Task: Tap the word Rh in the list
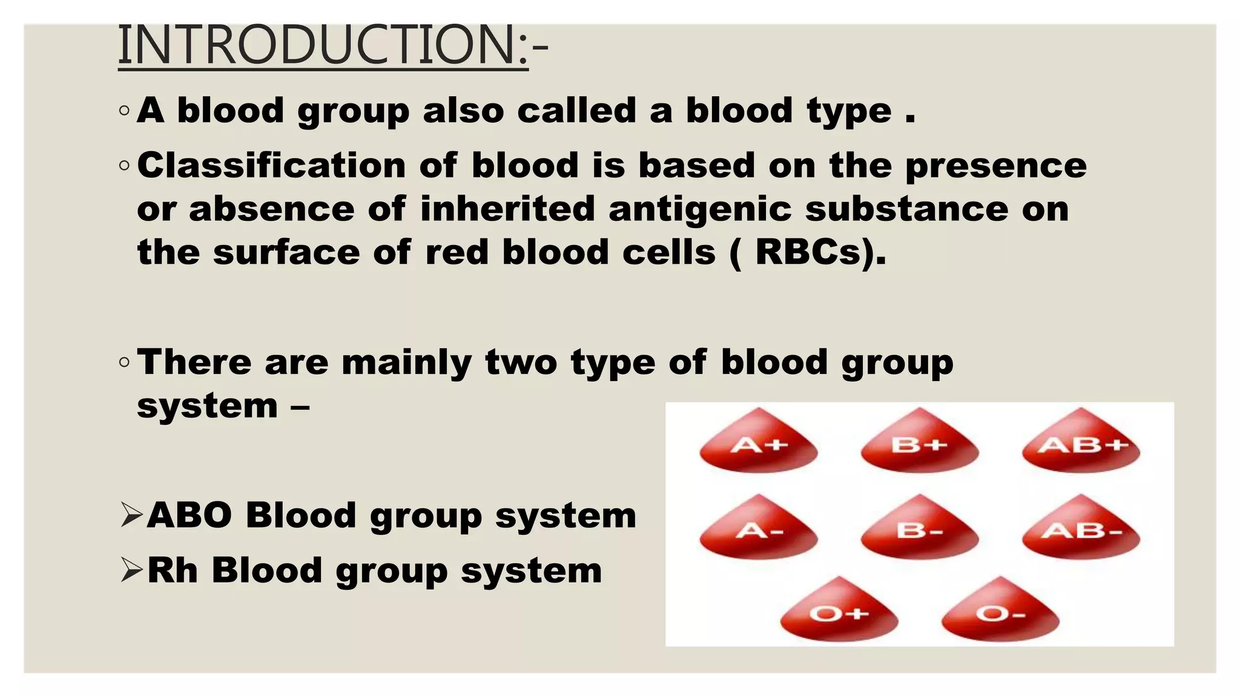[173, 571]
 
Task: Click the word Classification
[271, 165]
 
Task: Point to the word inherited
[507, 209]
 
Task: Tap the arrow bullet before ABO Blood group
[131, 515]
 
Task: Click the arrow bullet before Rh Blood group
[131, 570]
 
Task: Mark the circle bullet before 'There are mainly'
[124, 363]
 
